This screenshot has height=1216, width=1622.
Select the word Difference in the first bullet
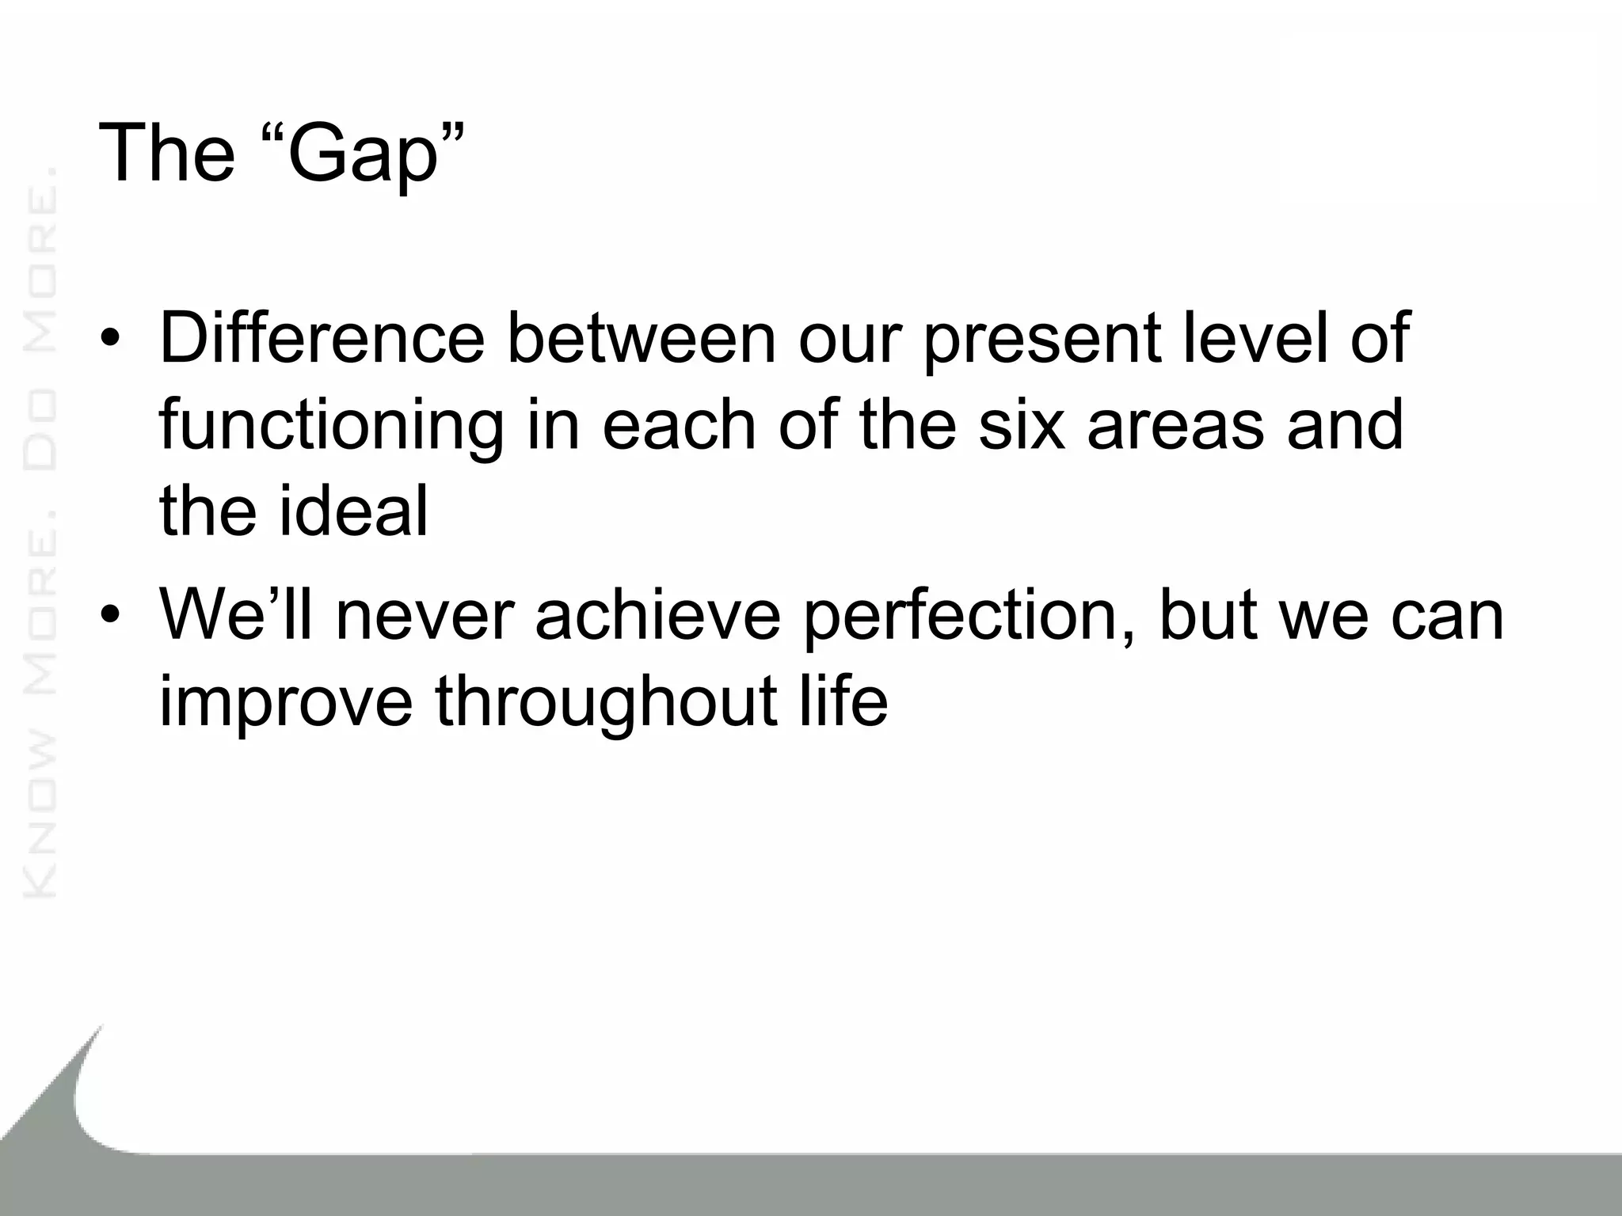(321, 338)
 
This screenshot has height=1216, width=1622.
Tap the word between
(642, 338)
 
